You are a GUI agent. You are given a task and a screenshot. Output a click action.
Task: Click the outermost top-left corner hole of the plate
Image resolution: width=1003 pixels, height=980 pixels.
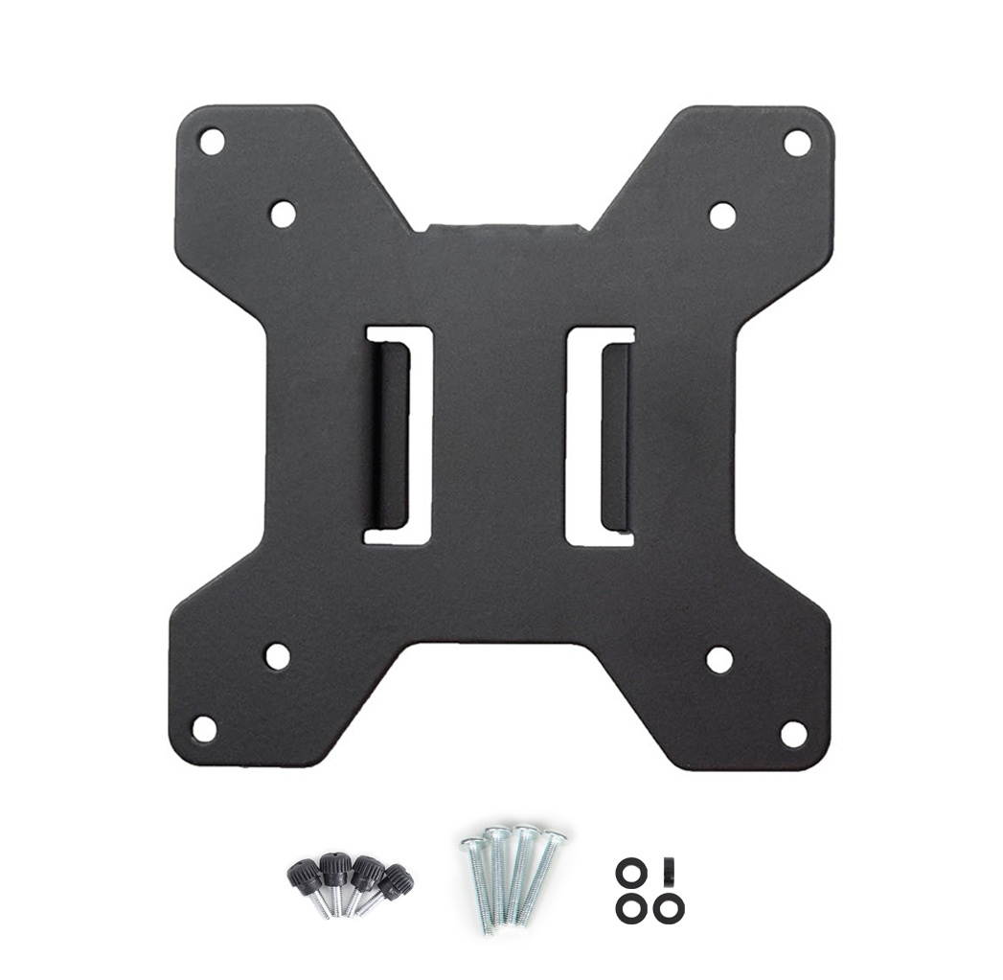(211, 142)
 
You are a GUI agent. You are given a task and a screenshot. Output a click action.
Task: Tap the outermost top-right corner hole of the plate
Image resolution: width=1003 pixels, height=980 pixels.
(797, 143)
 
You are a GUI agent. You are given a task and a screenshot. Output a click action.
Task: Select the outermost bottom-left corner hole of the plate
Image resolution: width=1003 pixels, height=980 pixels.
(204, 729)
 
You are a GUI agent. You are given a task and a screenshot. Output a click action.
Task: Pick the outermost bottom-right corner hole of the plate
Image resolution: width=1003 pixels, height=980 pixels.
(793, 734)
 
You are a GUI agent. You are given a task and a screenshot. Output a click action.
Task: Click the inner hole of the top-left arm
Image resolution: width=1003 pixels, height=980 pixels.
(283, 214)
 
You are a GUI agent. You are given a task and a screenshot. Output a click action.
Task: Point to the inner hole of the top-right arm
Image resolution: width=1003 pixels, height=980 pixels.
(722, 216)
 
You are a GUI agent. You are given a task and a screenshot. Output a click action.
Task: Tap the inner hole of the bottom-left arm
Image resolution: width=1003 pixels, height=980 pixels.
(278, 656)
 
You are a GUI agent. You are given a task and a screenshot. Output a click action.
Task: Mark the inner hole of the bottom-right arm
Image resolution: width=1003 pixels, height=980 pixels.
(719, 659)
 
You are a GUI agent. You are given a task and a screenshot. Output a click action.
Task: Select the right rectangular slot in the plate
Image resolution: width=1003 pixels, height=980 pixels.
(601, 437)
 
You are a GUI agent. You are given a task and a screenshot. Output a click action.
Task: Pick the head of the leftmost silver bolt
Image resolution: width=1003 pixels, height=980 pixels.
(471, 844)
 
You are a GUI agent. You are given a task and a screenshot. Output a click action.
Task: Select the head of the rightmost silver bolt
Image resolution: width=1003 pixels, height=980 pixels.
(555, 838)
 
